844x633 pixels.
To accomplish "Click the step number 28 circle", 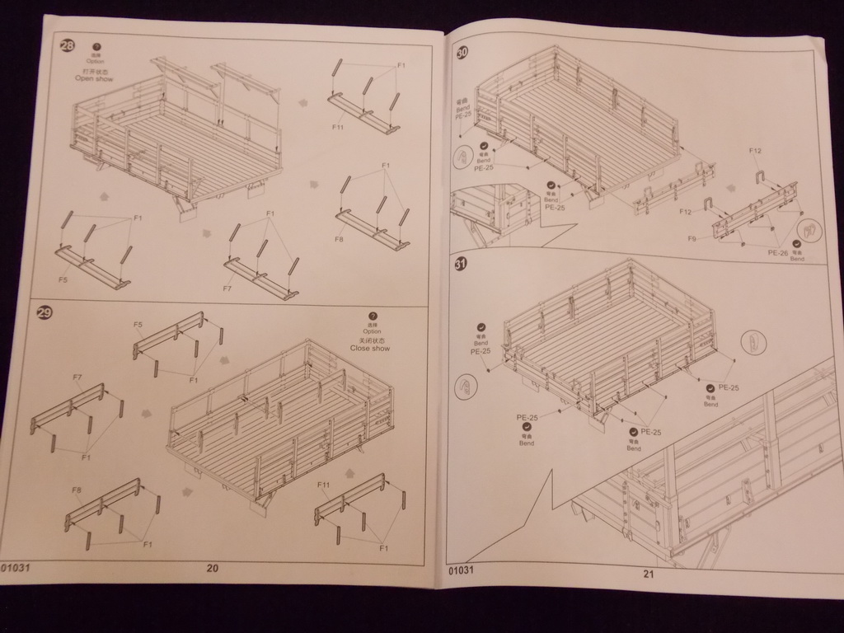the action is (67, 45).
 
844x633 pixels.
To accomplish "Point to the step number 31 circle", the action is (461, 264).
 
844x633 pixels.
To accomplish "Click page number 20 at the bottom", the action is (213, 568).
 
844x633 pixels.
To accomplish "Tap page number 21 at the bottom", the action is (648, 574).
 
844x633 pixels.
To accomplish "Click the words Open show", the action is (94, 78).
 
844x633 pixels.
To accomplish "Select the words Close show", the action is (370, 348).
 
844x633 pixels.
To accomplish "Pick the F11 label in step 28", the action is (337, 128).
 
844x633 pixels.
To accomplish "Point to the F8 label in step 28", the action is (339, 239).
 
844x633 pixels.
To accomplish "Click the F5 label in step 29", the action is (138, 325).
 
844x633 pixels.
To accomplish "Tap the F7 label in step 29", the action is (77, 377).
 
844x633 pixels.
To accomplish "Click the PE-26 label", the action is (778, 253).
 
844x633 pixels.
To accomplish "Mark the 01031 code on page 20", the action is (17, 567).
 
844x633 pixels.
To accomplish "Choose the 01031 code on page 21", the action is (462, 570).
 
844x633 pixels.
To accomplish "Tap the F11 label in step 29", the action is (323, 485).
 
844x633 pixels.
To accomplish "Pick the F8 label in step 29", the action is (77, 490).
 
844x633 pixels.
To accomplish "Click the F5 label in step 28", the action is (63, 279).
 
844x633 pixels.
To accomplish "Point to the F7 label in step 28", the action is (227, 288).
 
